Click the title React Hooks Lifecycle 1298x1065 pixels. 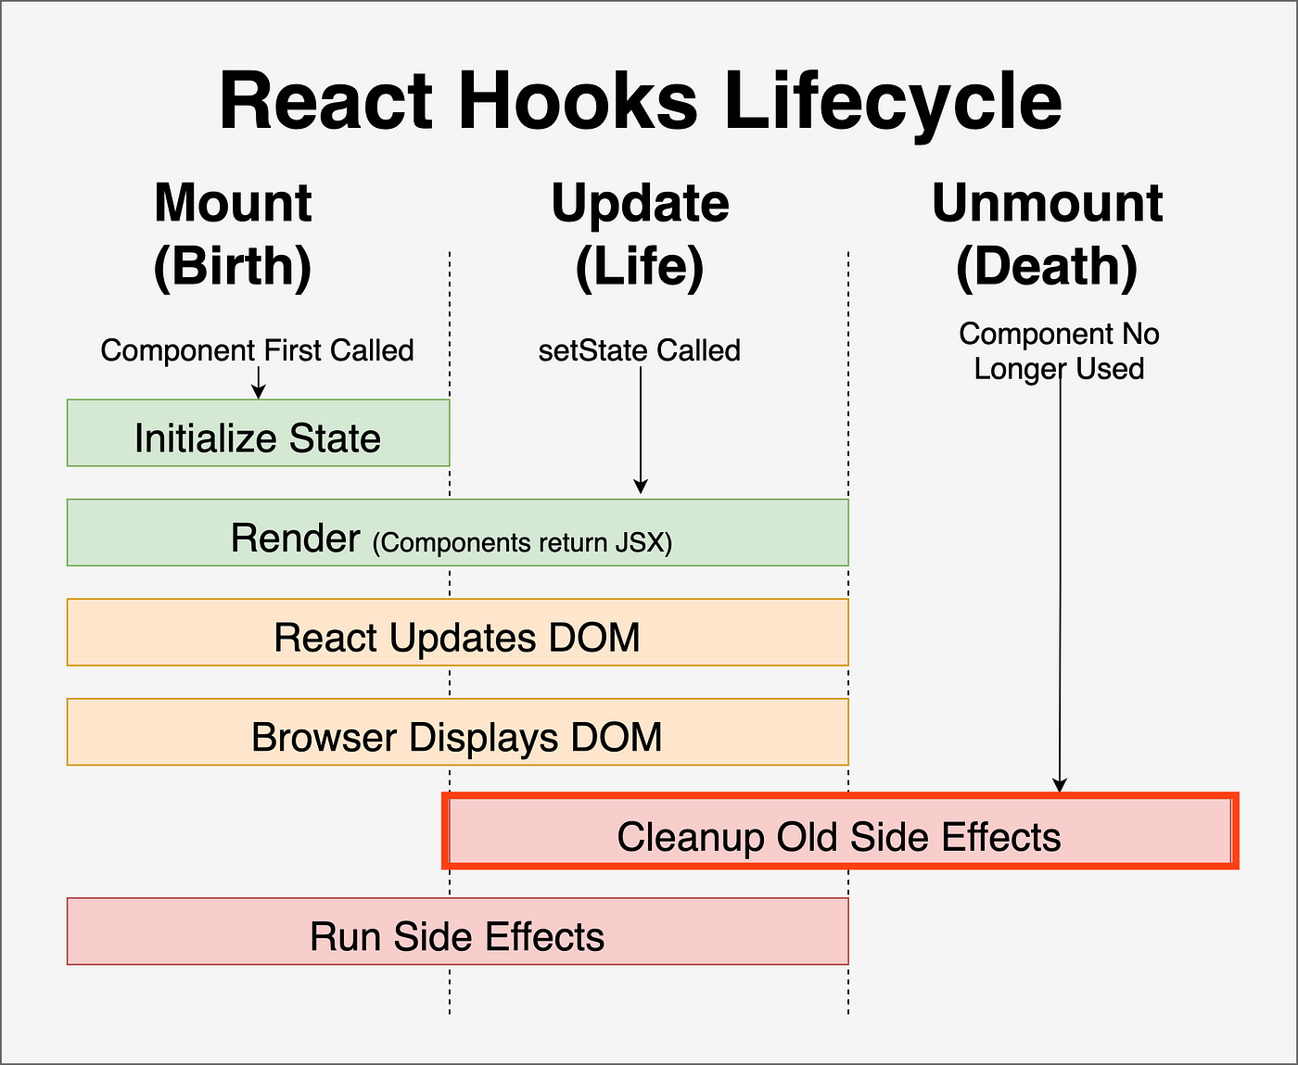[x=640, y=102]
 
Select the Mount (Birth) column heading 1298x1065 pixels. [x=233, y=235]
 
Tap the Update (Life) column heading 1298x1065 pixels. [x=640, y=235]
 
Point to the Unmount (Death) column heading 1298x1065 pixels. [x=1047, y=235]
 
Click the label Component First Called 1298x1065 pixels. [x=258, y=350]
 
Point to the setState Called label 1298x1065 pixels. [x=640, y=350]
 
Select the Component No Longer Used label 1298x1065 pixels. [x=1059, y=351]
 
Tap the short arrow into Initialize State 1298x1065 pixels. [x=259, y=383]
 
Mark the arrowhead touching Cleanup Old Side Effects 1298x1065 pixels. [x=1060, y=786]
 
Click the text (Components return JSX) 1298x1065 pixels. [x=522, y=543]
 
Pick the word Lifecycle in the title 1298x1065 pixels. [x=892, y=102]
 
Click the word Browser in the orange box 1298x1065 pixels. [x=324, y=738]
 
